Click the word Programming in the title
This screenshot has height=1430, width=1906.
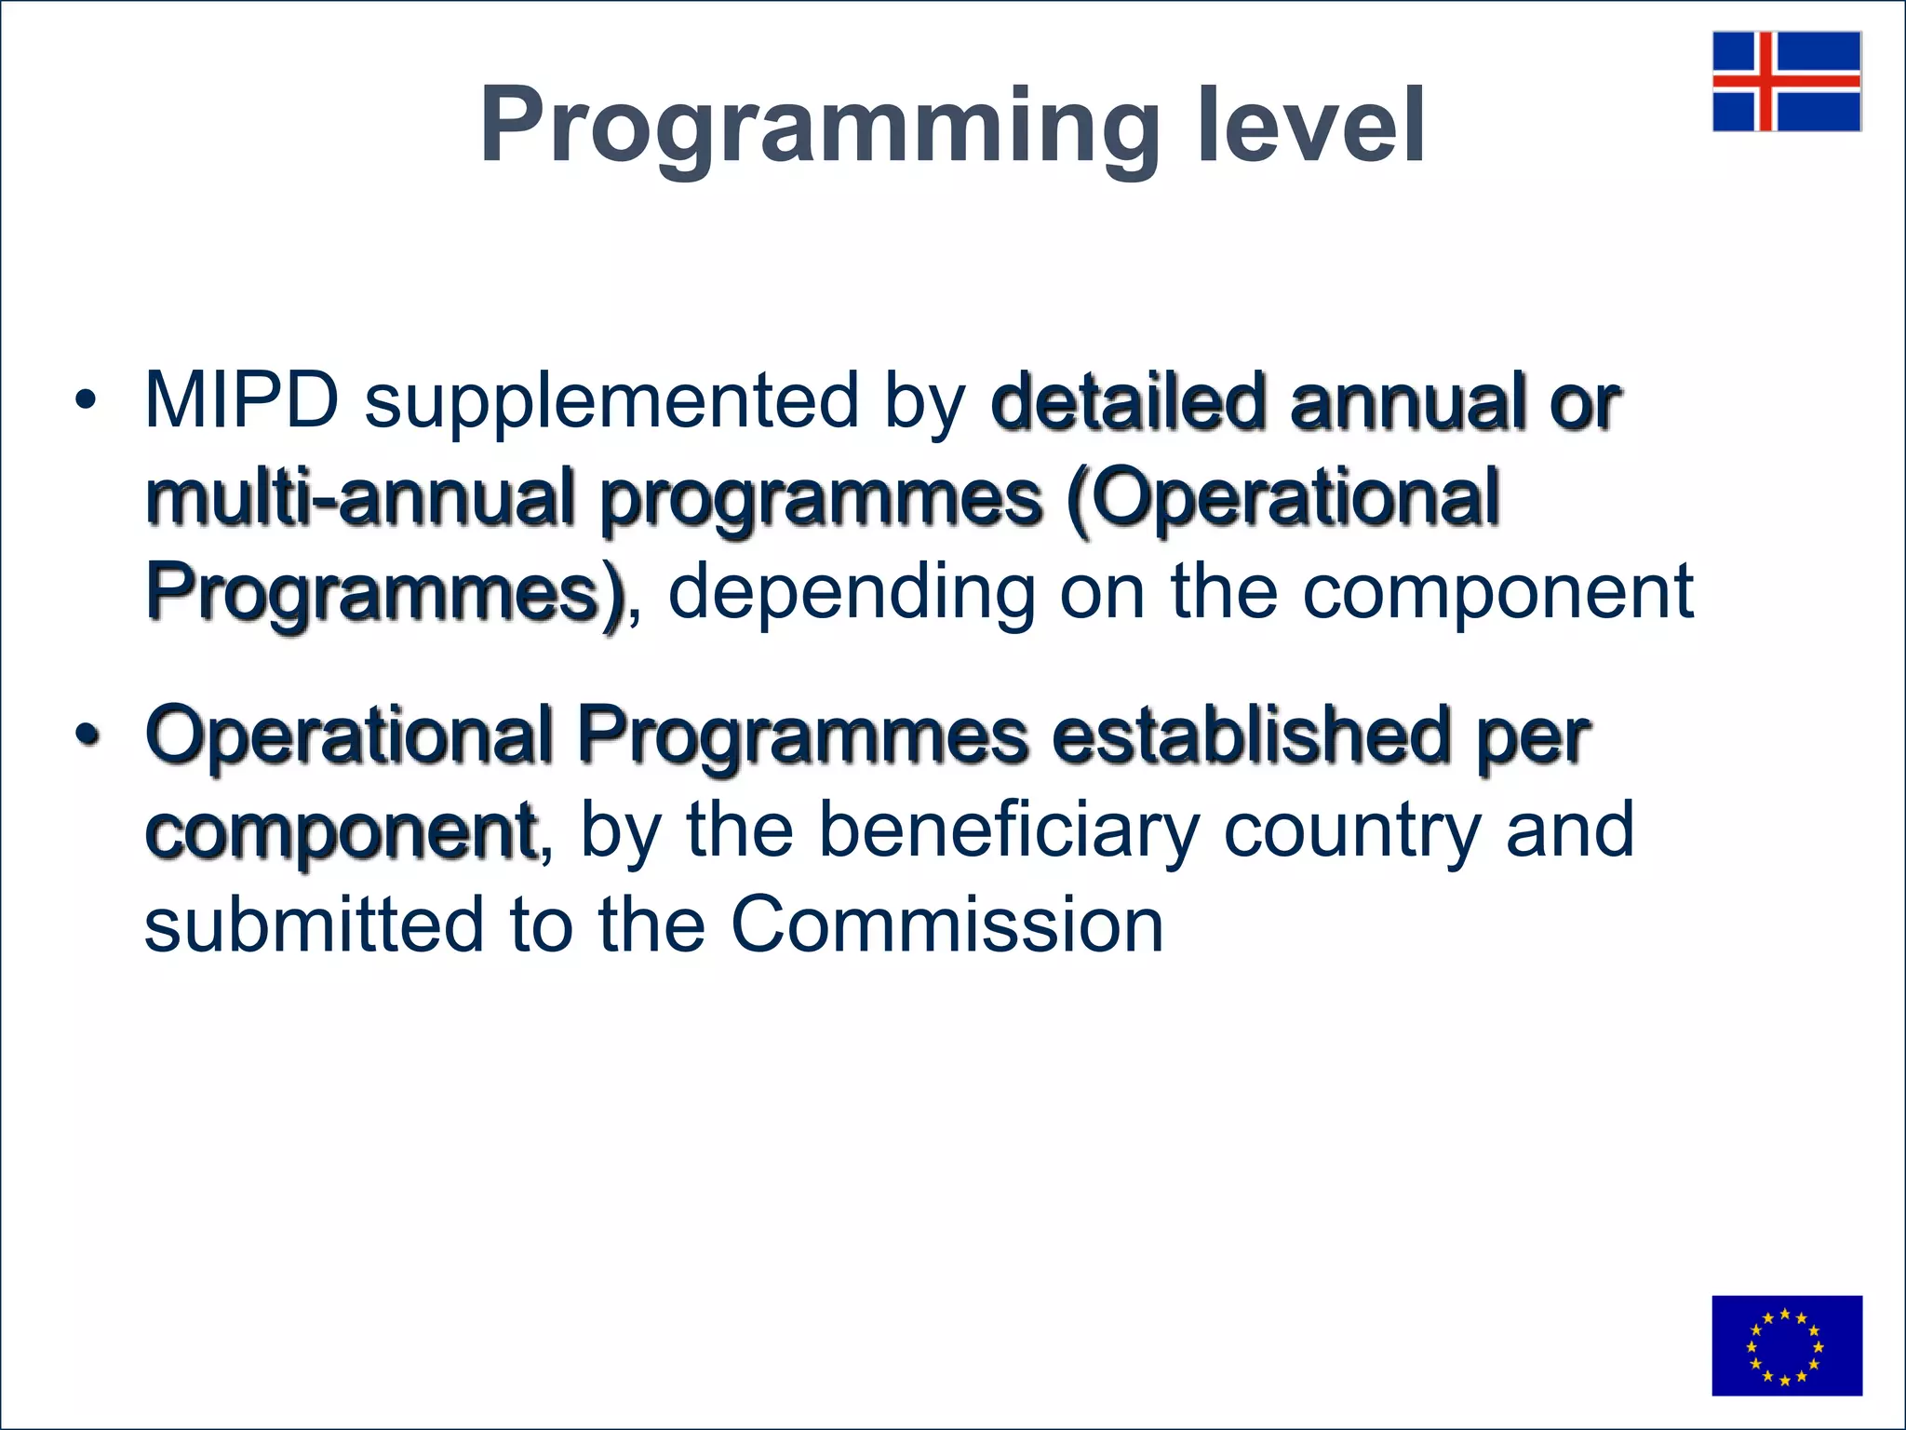click(820, 126)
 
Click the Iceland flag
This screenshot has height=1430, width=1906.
click(1787, 81)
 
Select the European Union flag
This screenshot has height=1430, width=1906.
click(1787, 1345)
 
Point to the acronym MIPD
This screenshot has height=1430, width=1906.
click(242, 400)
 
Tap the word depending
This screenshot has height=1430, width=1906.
click(852, 593)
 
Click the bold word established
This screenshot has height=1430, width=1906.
click(1252, 735)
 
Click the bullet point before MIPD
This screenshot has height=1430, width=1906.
click(86, 401)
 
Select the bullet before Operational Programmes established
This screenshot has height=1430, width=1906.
click(86, 735)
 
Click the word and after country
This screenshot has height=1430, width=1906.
click(1570, 830)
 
